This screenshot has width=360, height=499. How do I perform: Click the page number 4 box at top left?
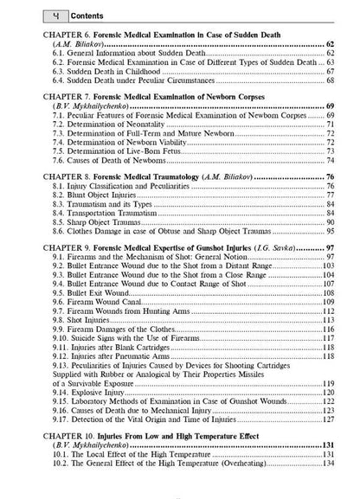pos(30,16)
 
